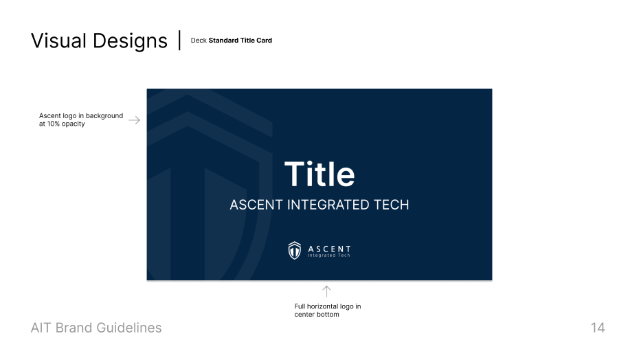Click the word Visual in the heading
click(59, 41)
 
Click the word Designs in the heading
click(130, 41)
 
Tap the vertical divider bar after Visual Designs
click(179, 40)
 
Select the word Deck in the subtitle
click(199, 41)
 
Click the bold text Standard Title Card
click(240, 41)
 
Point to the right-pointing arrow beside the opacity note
click(134, 120)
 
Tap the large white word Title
click(319, 175)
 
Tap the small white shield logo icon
click(295, 251)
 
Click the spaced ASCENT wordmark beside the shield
click(329, 249)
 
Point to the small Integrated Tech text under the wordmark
click(329, 256)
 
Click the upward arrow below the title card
click(326, 291)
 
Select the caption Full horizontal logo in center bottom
click(327, 311)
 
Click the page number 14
click(598, 328)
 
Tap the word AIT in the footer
click(41, 328)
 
